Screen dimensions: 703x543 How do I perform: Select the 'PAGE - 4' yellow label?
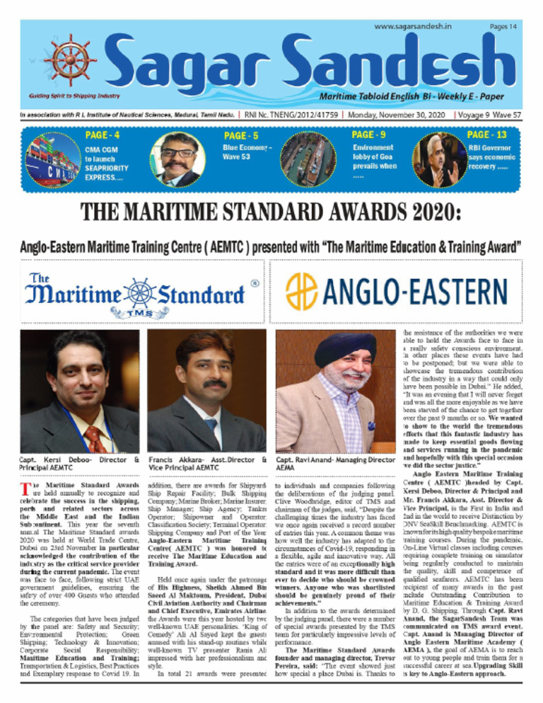coord(102,135)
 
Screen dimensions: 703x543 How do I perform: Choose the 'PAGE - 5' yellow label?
coord(241,135)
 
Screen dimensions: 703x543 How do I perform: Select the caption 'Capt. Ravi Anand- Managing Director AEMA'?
coord(337,464)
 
